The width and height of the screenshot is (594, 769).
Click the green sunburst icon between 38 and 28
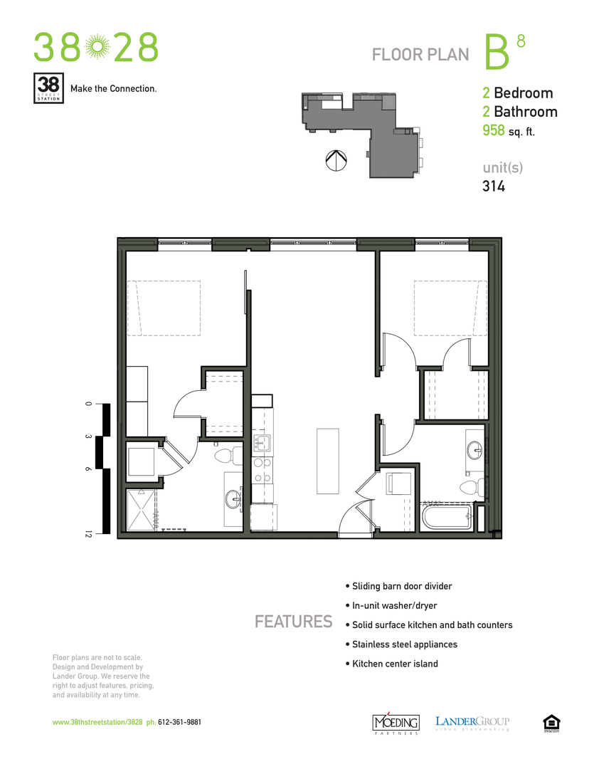coord(96,48)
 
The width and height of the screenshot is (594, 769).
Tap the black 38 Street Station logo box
coord(49,88)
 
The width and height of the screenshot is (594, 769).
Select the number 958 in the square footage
coord(494,130)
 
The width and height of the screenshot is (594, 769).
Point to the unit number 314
coord(494,187)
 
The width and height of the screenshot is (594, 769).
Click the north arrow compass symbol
coord(334,161)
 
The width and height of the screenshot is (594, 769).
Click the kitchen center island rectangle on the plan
coord(329,460)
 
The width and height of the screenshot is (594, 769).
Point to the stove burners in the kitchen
coord(262,469)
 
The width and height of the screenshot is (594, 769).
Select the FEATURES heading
coord(293,622)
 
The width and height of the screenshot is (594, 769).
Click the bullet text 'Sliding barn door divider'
coord(402,586)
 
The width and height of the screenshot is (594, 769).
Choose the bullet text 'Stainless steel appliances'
coord(404,644)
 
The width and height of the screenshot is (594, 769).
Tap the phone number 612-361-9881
coord(179,721)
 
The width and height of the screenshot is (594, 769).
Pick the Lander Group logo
coord(472,722)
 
